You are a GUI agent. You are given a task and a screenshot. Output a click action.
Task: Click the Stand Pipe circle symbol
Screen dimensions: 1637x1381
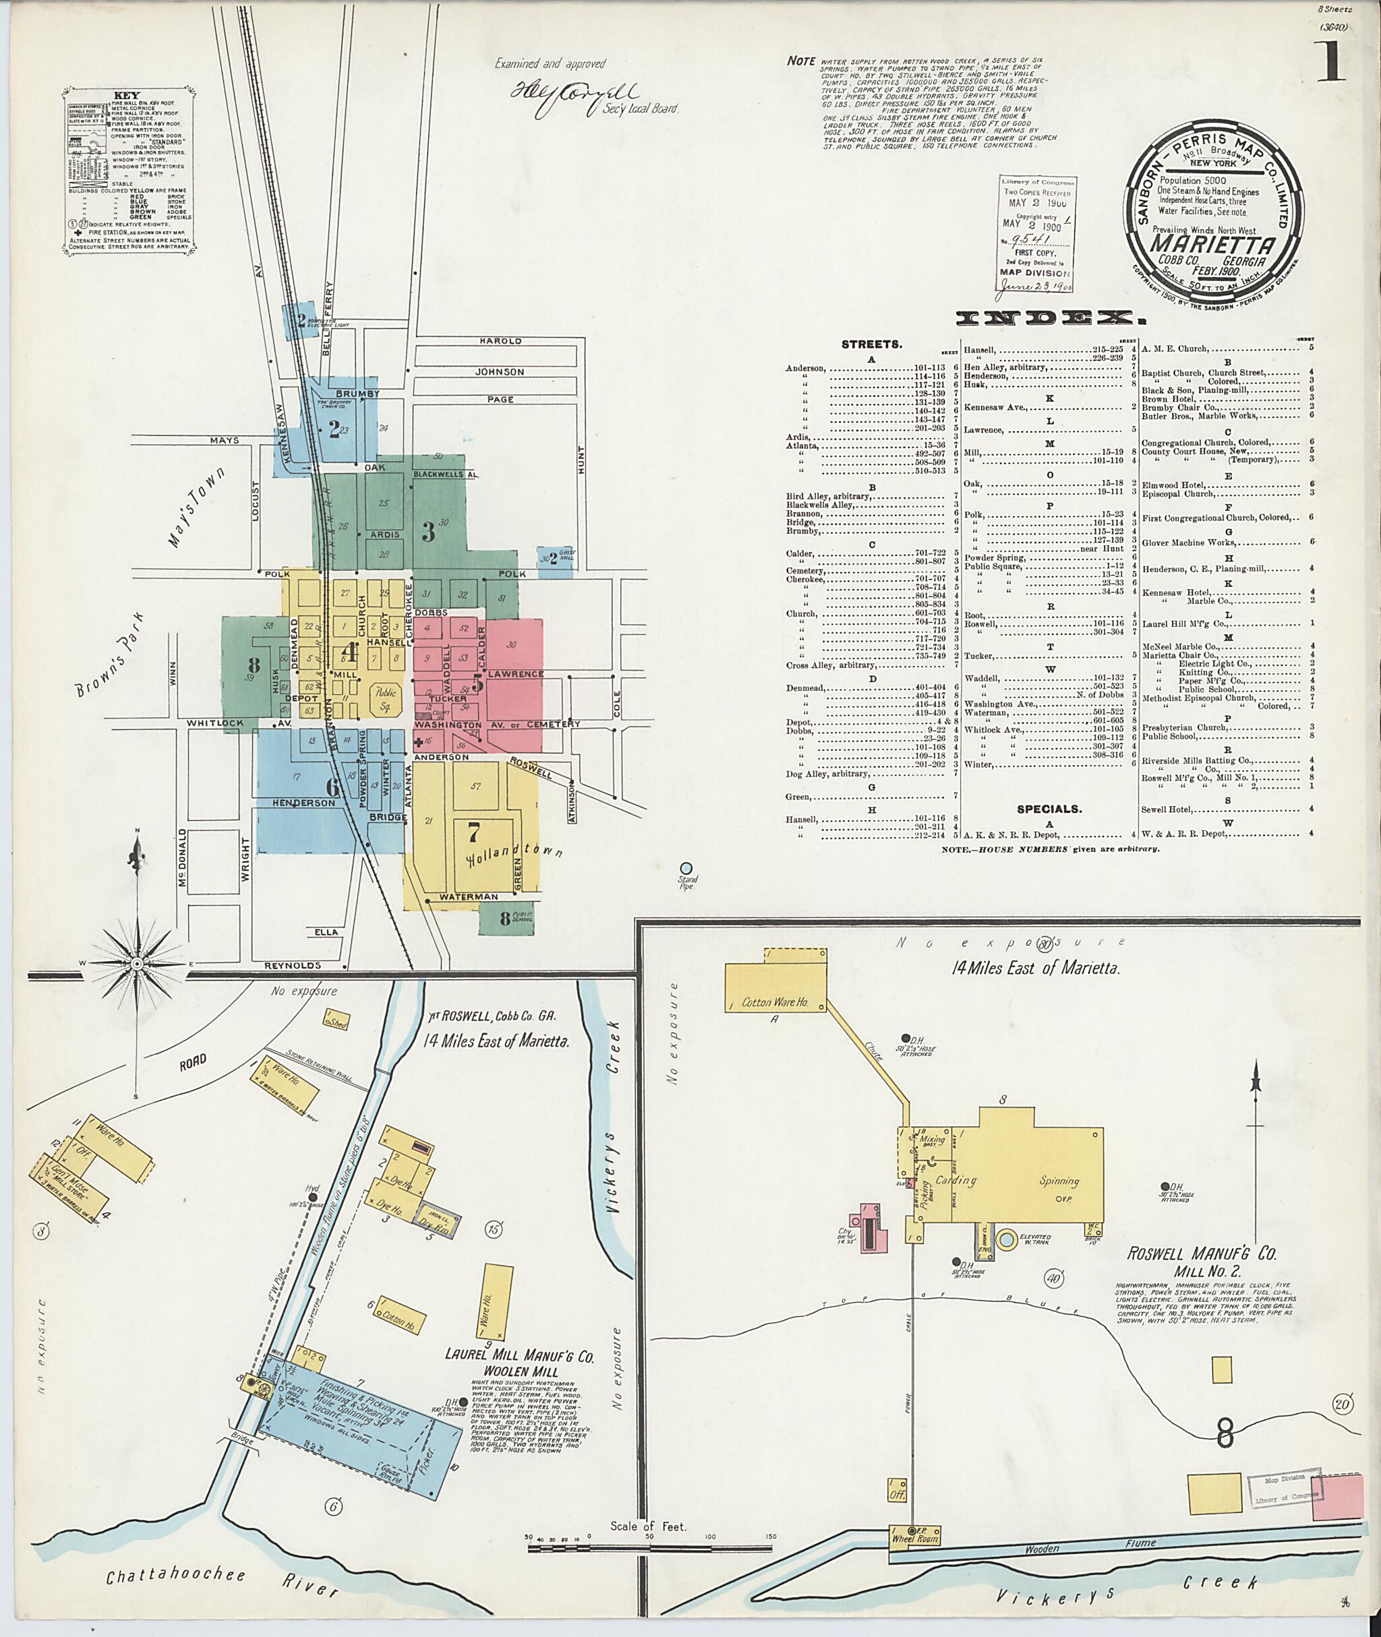click(x=686, y=868)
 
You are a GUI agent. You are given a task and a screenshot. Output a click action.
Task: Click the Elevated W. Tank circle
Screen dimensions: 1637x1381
click(x=1006, y=1239)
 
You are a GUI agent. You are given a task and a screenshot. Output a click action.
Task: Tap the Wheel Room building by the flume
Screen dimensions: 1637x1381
click(x=914, y=1535)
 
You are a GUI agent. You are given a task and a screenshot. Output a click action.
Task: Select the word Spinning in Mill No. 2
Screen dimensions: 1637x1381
click(x=1059, y=1181)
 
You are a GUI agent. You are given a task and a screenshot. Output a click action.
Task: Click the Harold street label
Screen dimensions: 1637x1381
click(x=500, y=341)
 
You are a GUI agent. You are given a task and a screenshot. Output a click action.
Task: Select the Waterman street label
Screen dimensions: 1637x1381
click(x=468, y=897)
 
